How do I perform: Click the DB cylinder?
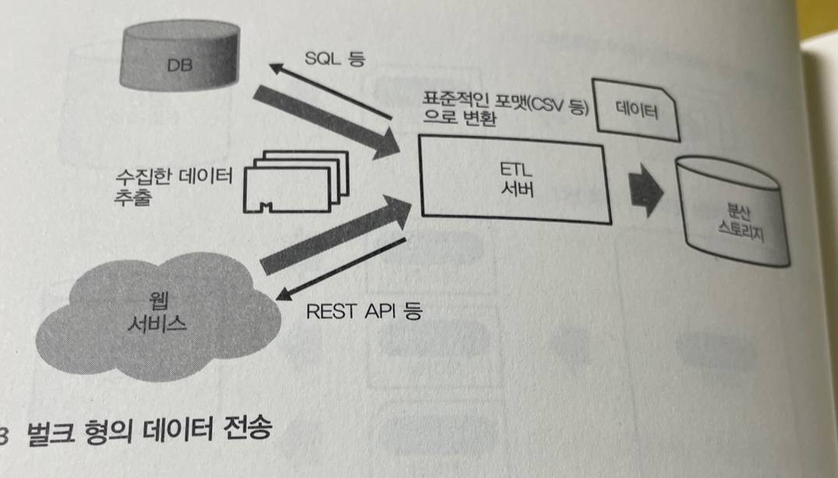[x=179, y=59]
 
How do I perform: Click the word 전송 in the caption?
[x=249, y=430]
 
